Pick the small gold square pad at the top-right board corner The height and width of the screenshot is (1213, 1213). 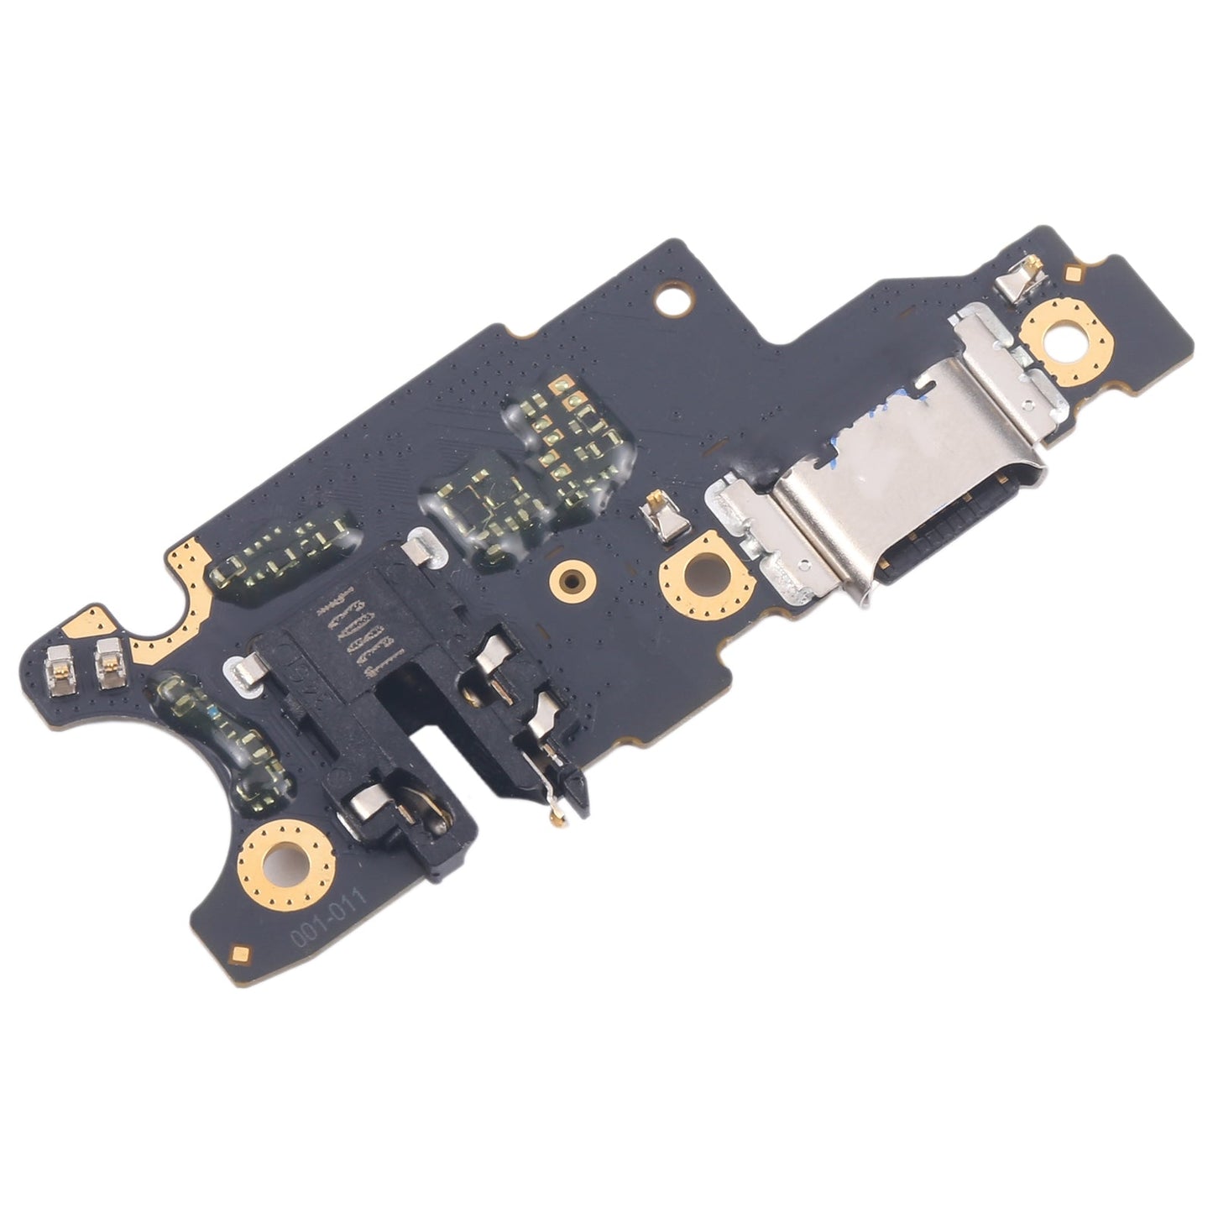pyautogui.click(x=1073, y=273)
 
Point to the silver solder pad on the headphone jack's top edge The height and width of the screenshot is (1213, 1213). pyautogui.click(x=420, y=550)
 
